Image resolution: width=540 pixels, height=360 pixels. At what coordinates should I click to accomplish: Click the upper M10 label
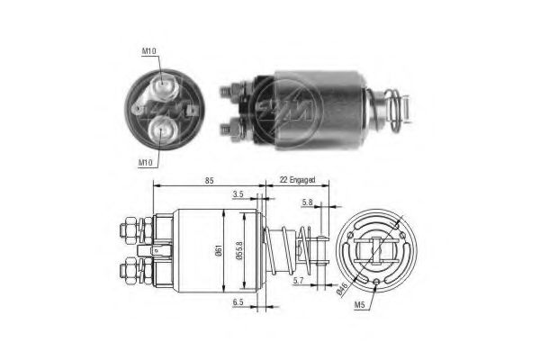click(150, 51)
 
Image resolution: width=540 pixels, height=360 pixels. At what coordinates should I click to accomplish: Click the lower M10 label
click(145, 162)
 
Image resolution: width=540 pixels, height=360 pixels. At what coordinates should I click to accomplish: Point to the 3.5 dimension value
click(239, 193)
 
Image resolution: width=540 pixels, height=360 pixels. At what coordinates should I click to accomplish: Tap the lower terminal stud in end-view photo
click(163, 129)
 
